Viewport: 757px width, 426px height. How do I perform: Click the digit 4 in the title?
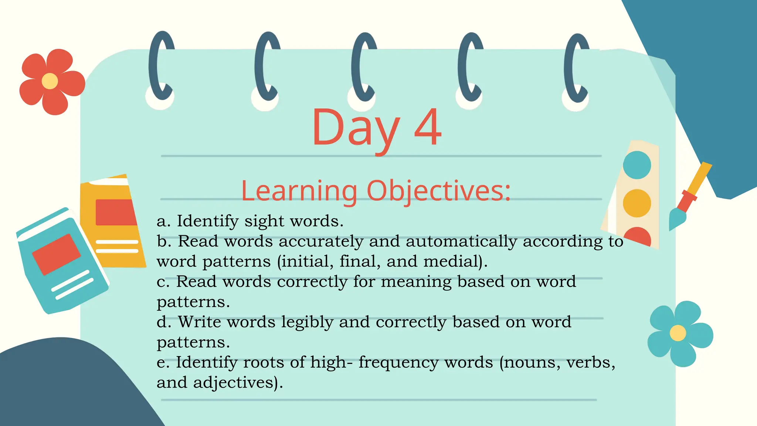[x=428, y=128]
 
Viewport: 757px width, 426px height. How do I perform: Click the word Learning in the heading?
[x=299, y=191]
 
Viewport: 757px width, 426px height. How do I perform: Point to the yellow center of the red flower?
[x=50, y=81]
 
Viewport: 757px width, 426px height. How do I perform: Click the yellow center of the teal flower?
[x=678, y=333]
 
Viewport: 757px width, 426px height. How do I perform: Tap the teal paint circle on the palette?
[x=637, y=165]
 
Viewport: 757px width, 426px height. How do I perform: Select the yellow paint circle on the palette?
[x=637, y=203]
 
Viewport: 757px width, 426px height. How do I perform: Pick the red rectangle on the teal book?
[x=56, y=254]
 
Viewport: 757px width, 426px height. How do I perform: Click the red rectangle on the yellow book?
[x=115, y=212]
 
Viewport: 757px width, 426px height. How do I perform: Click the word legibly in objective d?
[x=307, y=322]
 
